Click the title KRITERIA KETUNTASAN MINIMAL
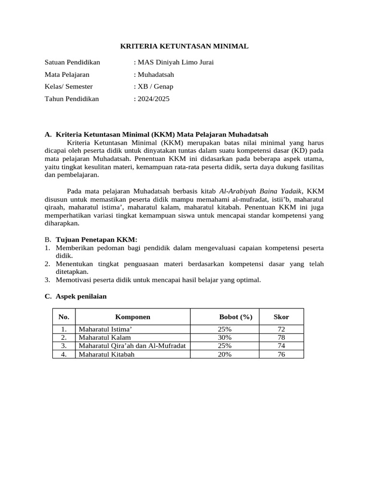coord(184,47)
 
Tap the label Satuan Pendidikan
coord(72,62)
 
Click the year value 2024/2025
coord(153,98)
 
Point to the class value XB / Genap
coord(155,86)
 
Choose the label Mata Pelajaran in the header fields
coord(67,74)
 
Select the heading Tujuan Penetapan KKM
coord(97,239)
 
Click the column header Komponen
coord(133,317)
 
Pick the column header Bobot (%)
coord(235,317)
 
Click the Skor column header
coord(281,317)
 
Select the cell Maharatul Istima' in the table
coord(105,329)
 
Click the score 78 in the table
coord(281,337)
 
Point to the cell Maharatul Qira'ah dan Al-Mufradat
coord(132,345)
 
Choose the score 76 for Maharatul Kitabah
coord(281,354)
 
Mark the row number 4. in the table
coord(63,354)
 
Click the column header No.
coord(63,317)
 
